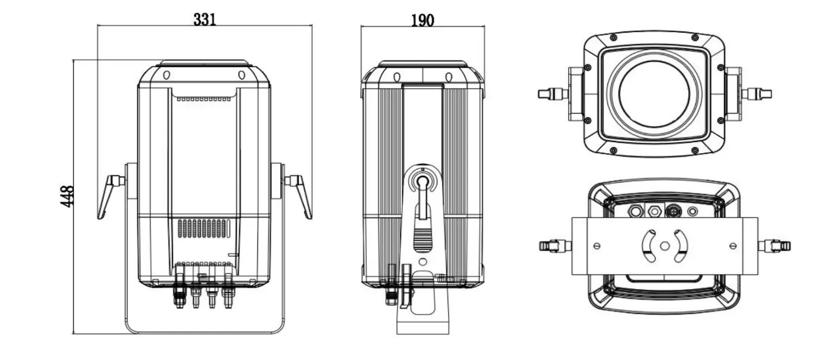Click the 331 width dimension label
(x=205, y=20)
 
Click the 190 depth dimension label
(x=422, y=20)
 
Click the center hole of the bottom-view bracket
(x=664, y=245)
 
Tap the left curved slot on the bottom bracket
(x=649, y=245)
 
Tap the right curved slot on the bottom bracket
(x=680, y=245)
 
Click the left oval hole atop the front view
(x=166, y=75)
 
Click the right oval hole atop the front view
(x=242, y=75)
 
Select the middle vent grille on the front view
(x=203, y=229)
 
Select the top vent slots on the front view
(x=203, y=98)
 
